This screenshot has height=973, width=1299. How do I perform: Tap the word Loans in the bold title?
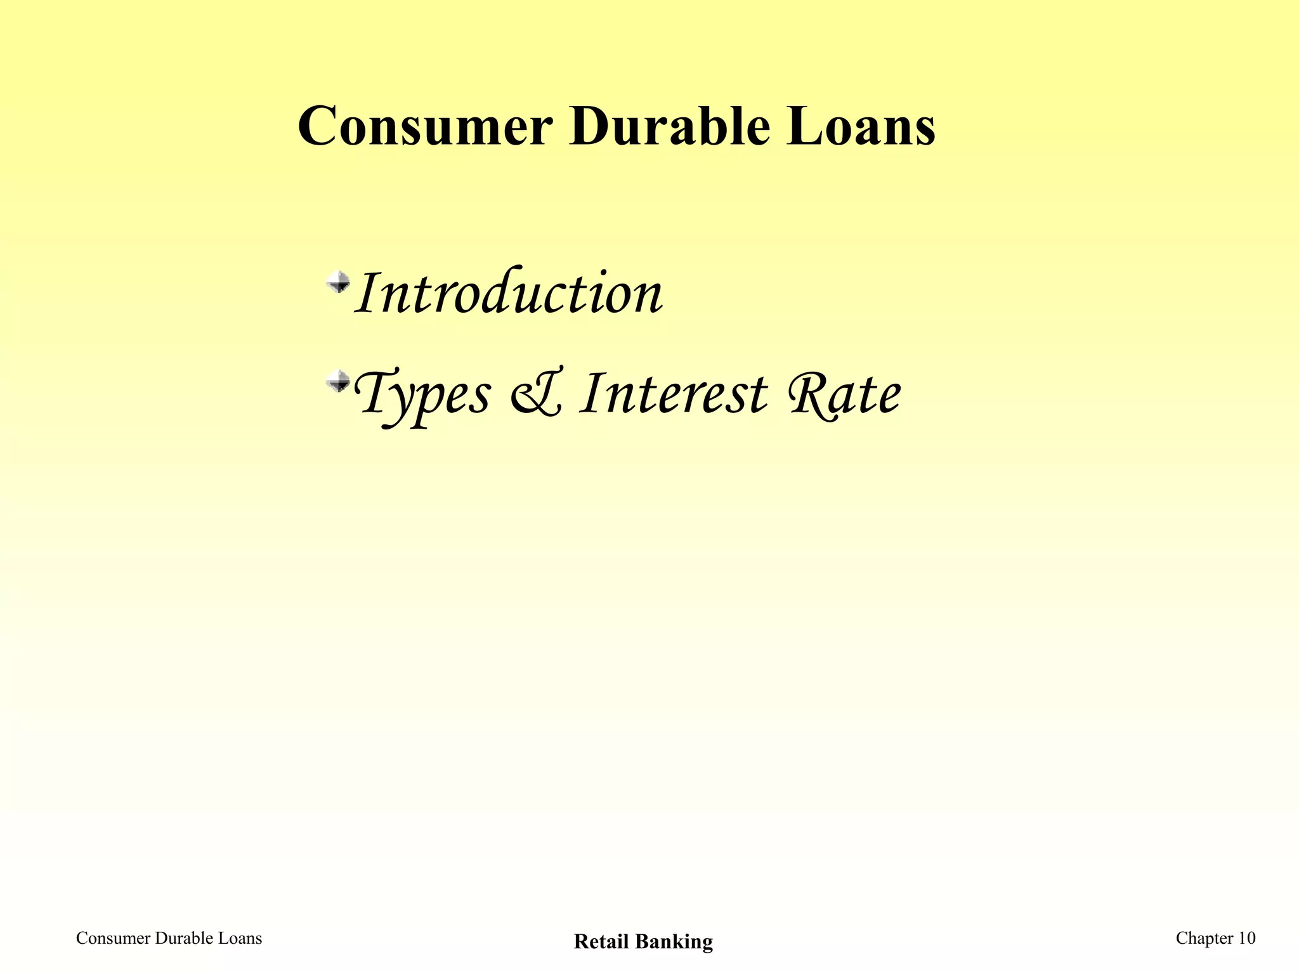point(860,127)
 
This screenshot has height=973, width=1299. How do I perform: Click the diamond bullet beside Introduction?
point(338,282)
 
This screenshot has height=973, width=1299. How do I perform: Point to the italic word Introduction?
point(509,293)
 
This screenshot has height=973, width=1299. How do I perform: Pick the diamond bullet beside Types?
point(338,382)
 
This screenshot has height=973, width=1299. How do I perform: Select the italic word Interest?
point(674,395)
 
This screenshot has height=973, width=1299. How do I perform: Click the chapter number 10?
point(1246,939)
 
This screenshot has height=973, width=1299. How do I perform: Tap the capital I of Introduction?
point(368,293)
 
